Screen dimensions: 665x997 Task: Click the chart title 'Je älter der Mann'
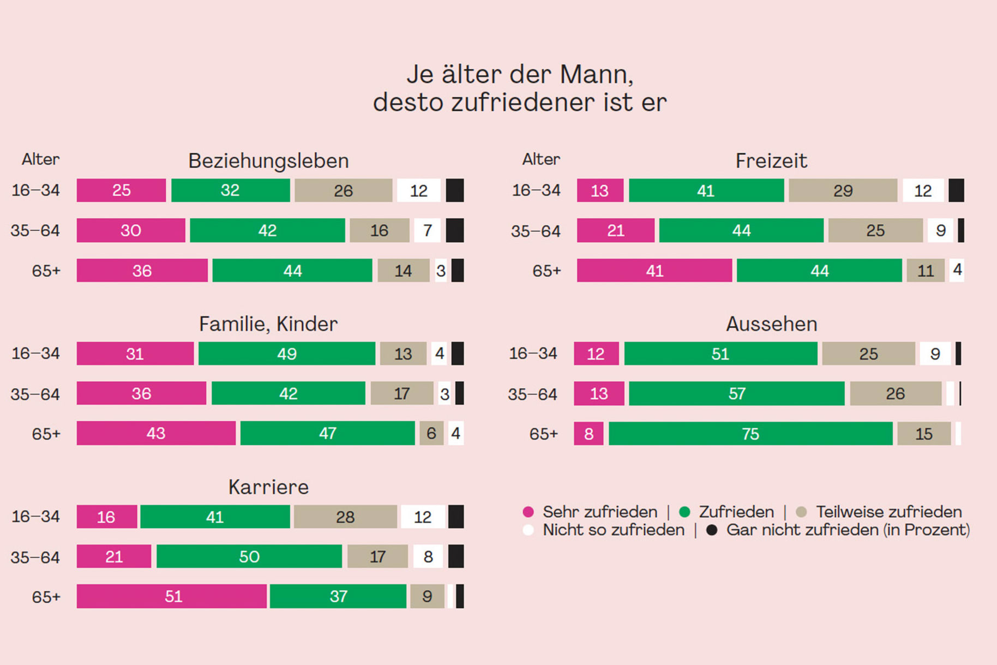tap(520, 75)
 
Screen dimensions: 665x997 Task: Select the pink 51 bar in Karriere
tap(172, 596)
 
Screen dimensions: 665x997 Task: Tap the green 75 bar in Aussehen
tap(750, 434)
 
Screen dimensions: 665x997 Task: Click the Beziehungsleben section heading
tap(268, 161)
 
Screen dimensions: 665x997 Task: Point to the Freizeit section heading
tap(771, 161)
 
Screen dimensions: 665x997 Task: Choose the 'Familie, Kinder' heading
tap(268, 324)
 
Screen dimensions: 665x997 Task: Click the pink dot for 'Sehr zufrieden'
tap(528, 512)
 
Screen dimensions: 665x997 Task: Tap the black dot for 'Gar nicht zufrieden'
tap(712, 530)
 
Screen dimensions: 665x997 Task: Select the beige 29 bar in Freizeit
tap(843, 191)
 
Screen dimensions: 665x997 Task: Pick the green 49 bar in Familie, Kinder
tap(287, 354)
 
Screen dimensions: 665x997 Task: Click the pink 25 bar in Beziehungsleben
tap(121, 190)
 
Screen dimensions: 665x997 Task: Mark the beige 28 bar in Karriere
tap(345, 517)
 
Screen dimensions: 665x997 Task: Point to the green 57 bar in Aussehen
tap(736, 394)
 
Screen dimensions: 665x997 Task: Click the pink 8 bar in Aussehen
tap(588, 434)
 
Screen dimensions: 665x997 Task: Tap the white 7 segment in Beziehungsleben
tap(428, 231)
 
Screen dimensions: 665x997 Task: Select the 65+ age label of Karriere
tap(46, 597)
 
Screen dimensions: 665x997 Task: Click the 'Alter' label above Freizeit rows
tap(541, 159)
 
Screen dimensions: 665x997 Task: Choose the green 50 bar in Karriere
tap(249, 556)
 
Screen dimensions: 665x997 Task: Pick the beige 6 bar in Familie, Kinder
tap(431, 433)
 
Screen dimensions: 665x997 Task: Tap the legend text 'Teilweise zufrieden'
tap(888, 512)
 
